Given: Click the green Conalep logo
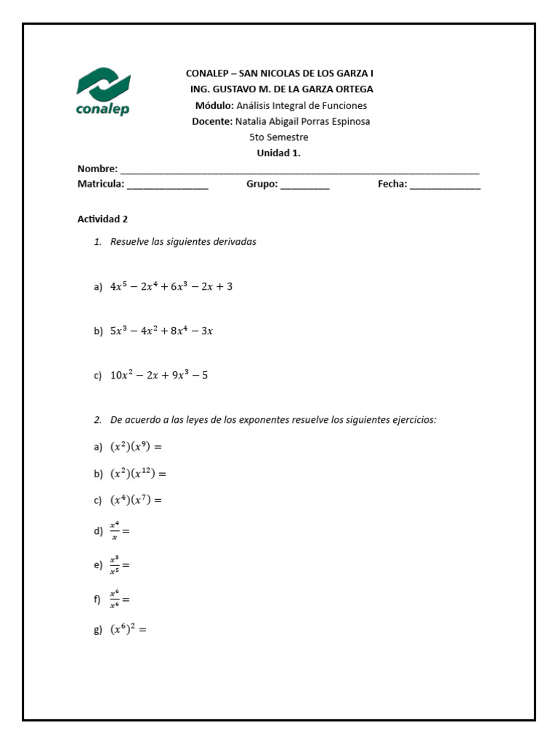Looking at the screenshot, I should pyautogui.click(x=103, y=91).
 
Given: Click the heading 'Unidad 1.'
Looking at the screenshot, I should pyautogui.click(x=278, y=153).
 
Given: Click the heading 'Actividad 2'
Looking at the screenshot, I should pyautogui.click(x=102, y=219).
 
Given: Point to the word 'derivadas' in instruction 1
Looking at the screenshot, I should pyautogui.click(x=235, y=242).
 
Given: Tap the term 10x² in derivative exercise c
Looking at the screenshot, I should pyautogui.click(x=122, y=376).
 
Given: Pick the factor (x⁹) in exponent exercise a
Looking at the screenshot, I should pyautogui.click(x=139, y=447).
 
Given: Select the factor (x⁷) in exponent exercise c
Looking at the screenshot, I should pyautogui.click(x=139, y=500).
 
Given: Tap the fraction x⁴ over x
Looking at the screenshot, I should pyautogui.click(x=114, y=531).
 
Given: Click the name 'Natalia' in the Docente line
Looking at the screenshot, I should pyautogui.click(x=253, y=121).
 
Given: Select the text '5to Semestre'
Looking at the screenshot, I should pyautogui.click(x=278, y=137).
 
